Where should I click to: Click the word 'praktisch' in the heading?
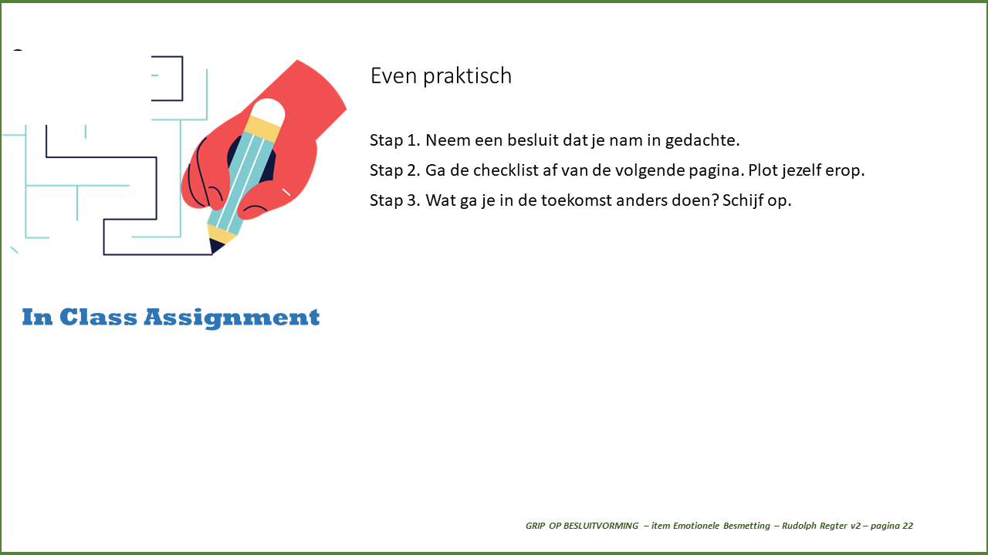click(x=467, y=76)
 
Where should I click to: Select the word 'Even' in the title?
click(x=394, y=76)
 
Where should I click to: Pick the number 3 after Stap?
click(x=412, y=200)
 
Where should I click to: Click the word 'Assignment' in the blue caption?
click(x=232, y=318)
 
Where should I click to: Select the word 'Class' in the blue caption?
click(x=98, y=317)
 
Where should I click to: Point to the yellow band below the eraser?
click(x=262, y=128)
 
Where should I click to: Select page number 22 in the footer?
click(x=908, y=526)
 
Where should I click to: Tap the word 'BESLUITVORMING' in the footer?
click(x=601, y=526)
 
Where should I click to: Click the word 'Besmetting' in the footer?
click(x=746, y=526)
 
